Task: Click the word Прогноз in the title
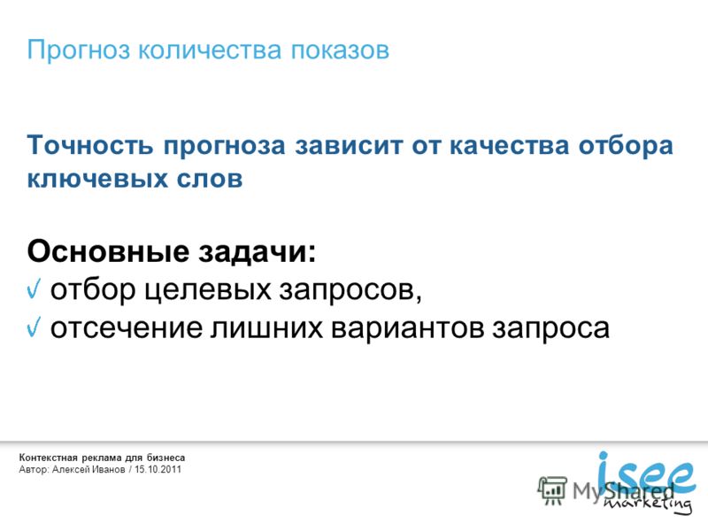tap(79, 50)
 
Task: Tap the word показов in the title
tap(340, 50)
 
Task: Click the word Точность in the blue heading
tap(90, 145)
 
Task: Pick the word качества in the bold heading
tap(509, 145)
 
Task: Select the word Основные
tap(108, 250)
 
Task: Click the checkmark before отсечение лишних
tap(34, 327)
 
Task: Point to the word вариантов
tap(408, 327)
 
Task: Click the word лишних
tap(267, 328)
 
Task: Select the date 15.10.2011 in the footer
tap(158, 470)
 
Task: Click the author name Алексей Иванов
tap(88, 470)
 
